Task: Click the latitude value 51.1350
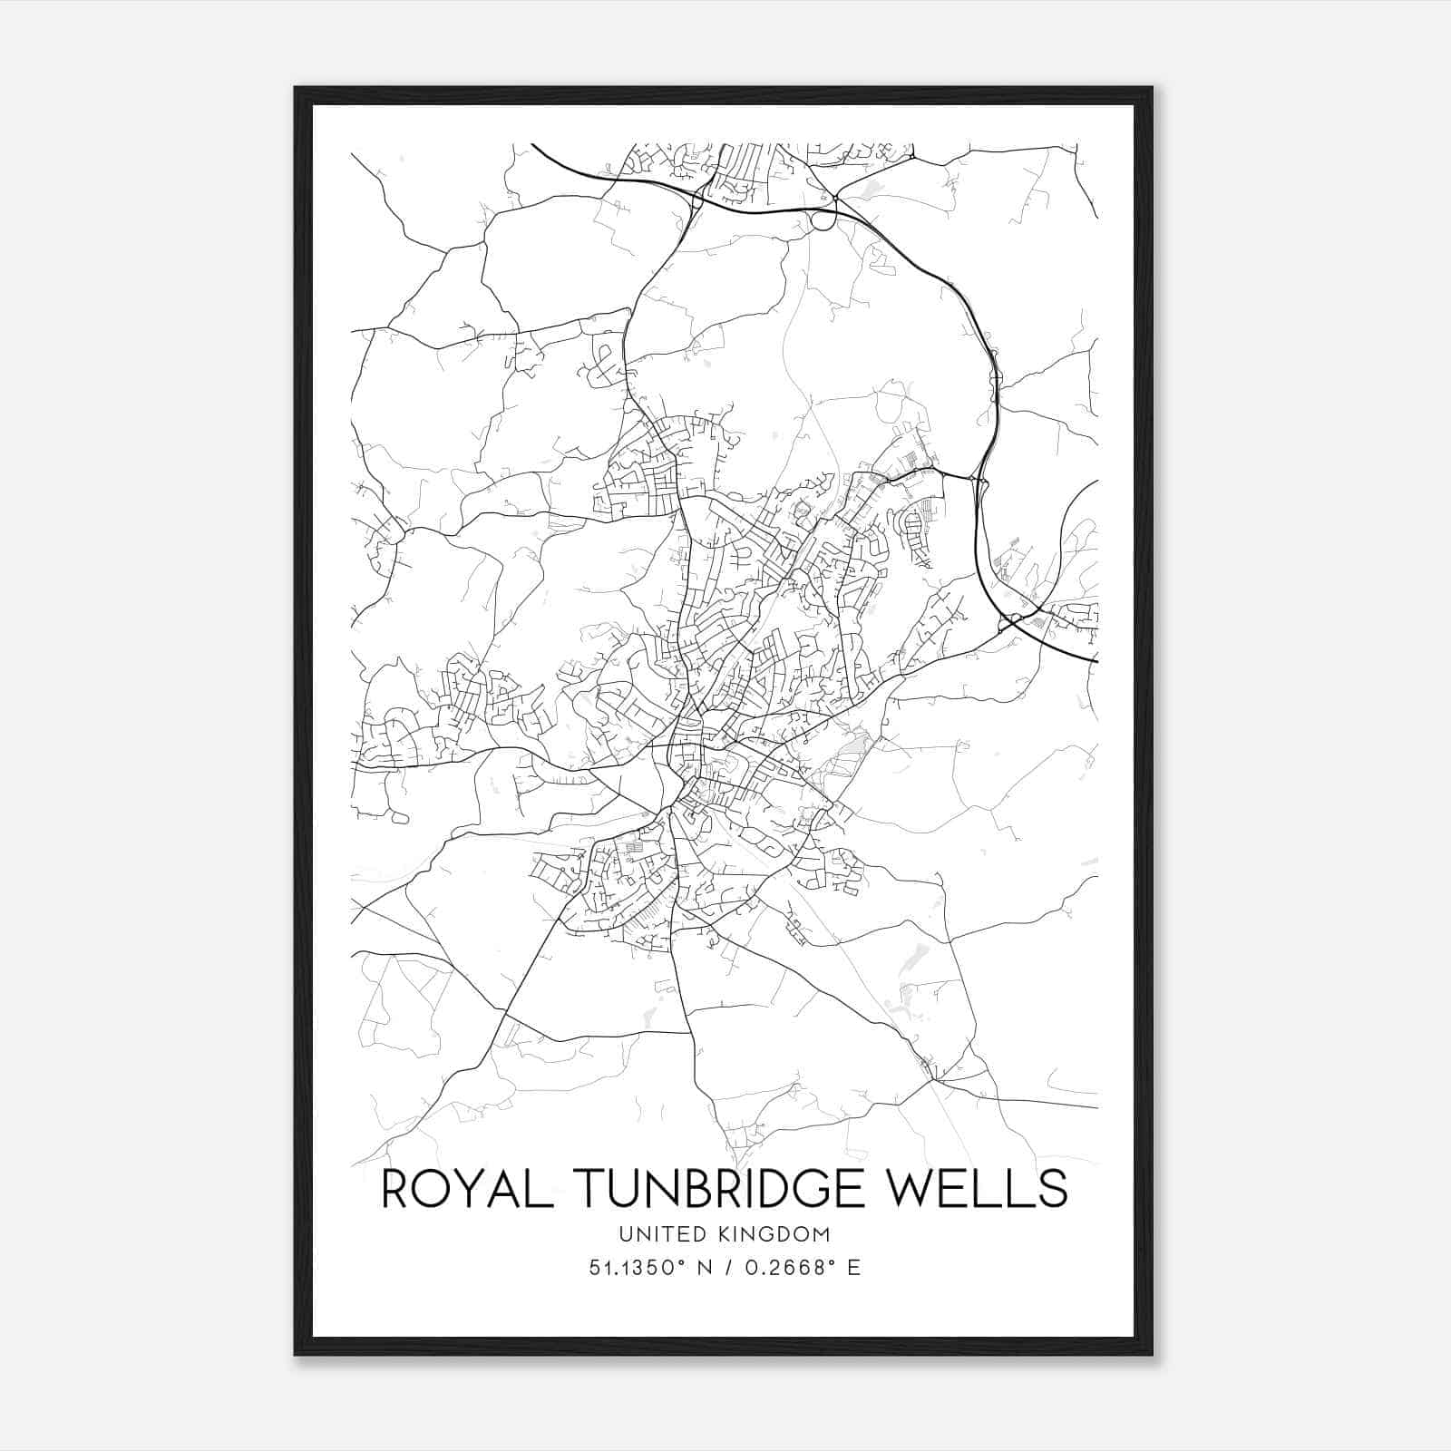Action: (628, 1268)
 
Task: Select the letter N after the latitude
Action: (701, 1268)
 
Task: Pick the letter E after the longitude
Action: (853, 1268)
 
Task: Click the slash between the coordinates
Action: (725, 1268)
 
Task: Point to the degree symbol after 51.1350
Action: (676, 1262)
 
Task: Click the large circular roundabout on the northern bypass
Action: (823, 219)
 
